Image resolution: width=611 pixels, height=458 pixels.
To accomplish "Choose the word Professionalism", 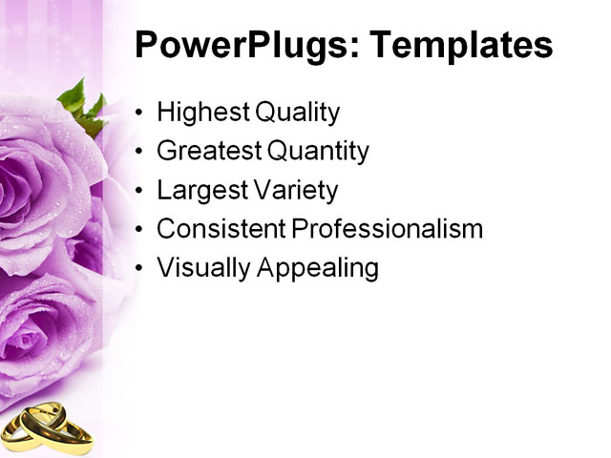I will [387, 229].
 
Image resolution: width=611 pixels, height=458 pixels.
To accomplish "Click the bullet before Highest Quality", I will [141, 114].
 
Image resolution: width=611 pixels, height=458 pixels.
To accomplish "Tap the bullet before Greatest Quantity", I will [141, 152].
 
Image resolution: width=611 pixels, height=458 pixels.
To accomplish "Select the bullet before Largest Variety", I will [141, 191].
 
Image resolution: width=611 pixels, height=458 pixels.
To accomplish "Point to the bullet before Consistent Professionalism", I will [141, 230].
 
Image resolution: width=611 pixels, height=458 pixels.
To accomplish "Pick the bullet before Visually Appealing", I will [141, 269].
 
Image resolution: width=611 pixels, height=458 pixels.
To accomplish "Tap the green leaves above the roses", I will [81, 105].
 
